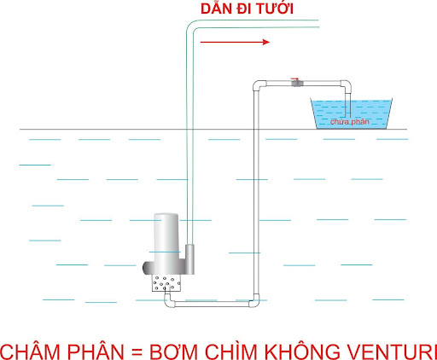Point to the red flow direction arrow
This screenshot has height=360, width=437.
[235, 42]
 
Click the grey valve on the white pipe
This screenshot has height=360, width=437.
[297, 83]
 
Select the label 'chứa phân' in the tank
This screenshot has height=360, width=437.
[350, 122]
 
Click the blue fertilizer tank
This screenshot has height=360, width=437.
[352, 113]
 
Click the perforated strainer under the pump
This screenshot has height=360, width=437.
[166, 283]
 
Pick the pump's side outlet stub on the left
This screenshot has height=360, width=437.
[148, 268]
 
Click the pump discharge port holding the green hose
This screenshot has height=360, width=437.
[189, 258]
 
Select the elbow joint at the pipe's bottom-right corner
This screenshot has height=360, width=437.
[254, 301]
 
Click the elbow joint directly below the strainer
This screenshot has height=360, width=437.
[169, 301]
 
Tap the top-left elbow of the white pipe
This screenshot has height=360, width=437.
[258, 85]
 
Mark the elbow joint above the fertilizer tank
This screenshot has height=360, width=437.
[346, 85]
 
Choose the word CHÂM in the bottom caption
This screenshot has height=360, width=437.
[31, 351]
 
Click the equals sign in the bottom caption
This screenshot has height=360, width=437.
[137, 352]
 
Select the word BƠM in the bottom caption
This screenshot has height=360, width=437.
[174, 351]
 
